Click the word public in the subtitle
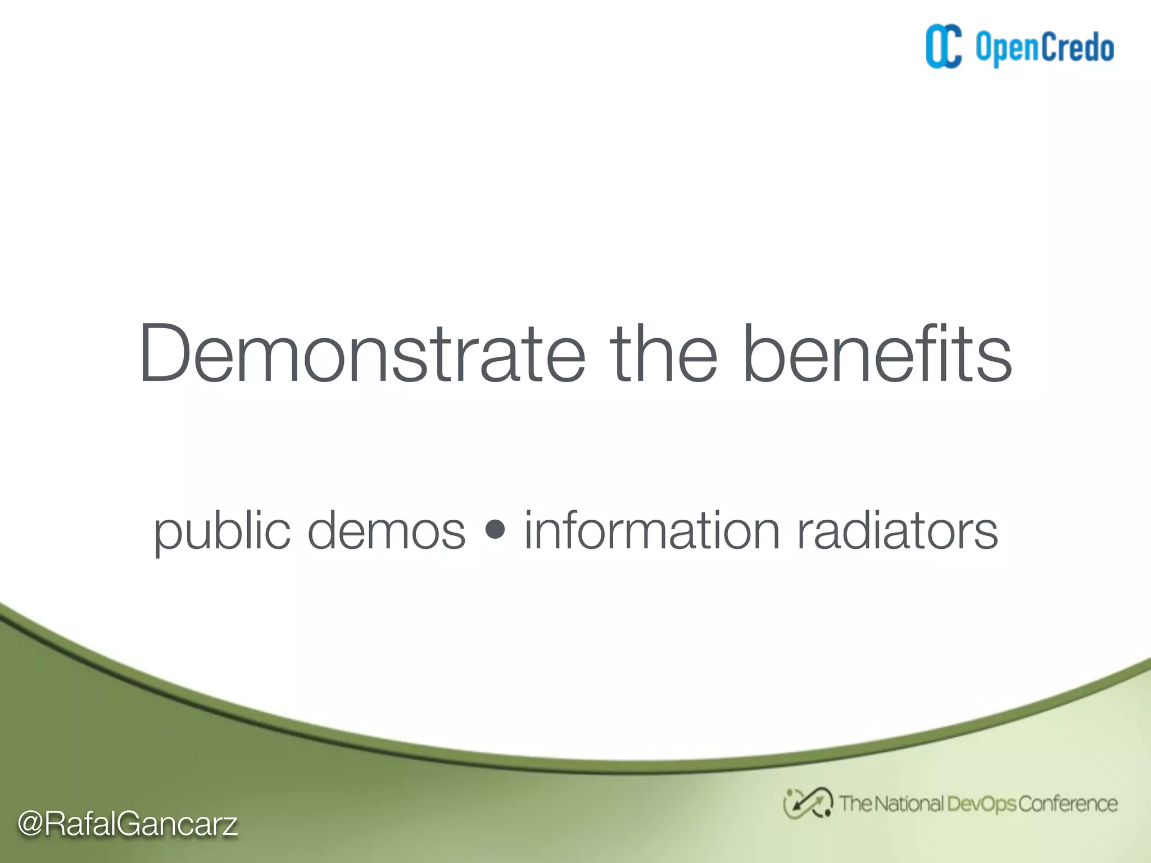pyautogui.click(x=222, y=531)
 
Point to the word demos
pyautogui.click(x=387, y=531)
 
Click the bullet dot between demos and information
pyautogui.click(x=495, y=530)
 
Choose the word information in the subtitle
pyautogui.click(x=652, y=531)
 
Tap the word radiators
pyautogui.click(x=898, y=531)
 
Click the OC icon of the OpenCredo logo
pyautogui.click(x=944, y=47)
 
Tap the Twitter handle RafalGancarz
pyautogui.click(x=141, y=824)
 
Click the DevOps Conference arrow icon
pyautogui.click(x=808, y=803)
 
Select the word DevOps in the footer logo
pyautogui.click(x=982, y=804)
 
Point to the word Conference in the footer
pyautogui.click(x=1068, y=804)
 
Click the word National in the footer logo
pyautogui.click(x=909, y=804)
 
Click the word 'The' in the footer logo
pyautogui.click(x=855, y=804)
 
